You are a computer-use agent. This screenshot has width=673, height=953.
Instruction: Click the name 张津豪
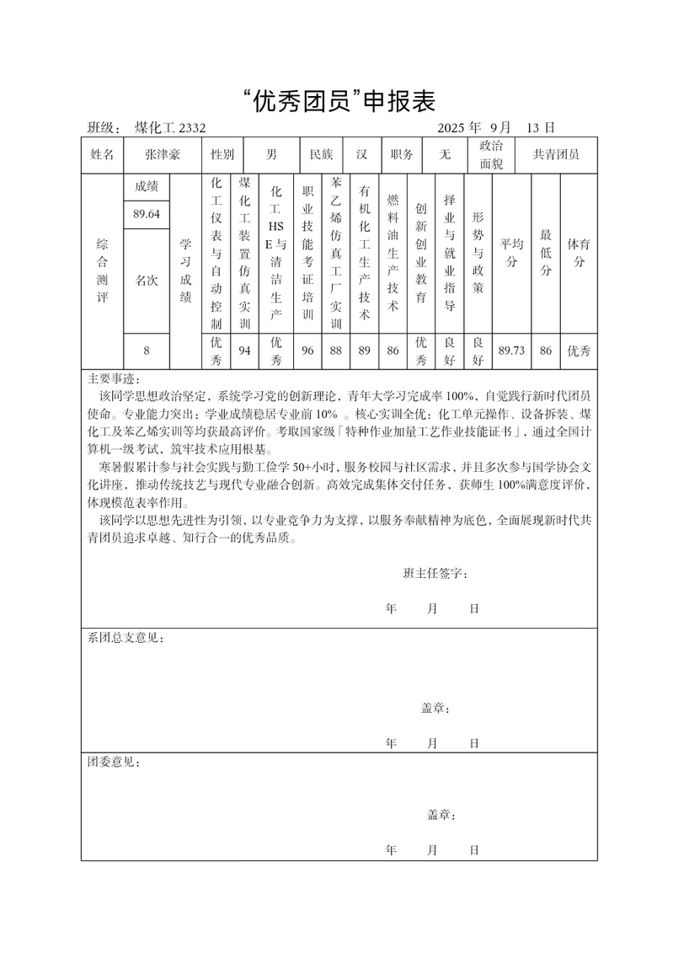point(163,155)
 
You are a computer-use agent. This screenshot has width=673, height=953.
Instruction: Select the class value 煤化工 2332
point(170,128)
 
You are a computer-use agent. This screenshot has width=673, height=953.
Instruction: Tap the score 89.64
point(147,214)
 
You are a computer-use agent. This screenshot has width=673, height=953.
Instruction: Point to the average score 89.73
point(511,351)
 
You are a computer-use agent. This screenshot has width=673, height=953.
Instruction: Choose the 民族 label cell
point(322,155)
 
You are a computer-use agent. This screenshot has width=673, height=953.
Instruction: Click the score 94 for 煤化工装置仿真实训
point(245,351)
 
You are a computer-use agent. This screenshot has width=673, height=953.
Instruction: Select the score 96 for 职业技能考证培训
point(307,351)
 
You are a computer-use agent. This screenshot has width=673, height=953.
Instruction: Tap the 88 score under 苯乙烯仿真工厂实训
point(336,351)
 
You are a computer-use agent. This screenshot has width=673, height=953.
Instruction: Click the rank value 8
point(147,351)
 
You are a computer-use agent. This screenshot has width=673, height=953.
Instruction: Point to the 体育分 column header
point(579,253)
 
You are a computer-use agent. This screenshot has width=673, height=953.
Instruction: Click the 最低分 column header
point(546,253)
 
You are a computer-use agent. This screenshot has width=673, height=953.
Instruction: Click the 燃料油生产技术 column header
point(393,253)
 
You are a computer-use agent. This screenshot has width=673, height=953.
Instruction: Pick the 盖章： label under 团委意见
point(441,815)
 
